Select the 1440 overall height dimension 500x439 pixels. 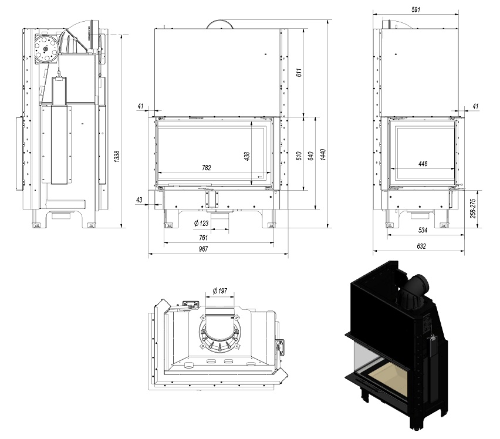click(x=323, y=154)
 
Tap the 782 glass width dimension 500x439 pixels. click(x=206, y=168)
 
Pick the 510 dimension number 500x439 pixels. click(x=299, y=156)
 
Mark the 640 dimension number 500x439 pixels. click(x=311, y=154)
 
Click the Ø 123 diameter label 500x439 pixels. click(x=201, y=223)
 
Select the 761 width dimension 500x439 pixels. click(x=203, y=238)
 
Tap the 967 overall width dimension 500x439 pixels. click(x=203, y=249)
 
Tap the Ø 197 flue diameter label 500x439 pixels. click(x=220, y=291)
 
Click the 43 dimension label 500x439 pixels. click(x=139, y=200)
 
